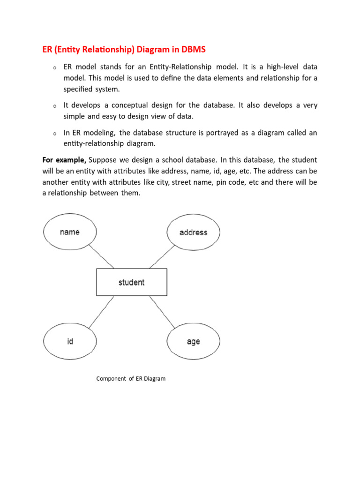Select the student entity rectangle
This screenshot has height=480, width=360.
point(131,282)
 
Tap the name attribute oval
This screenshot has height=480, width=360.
point(70,232)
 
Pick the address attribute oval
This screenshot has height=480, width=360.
point(193,232)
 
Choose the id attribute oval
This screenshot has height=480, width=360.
point(70,342)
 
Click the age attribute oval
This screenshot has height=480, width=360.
point(193,342)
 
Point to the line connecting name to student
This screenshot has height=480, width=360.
point(101,256)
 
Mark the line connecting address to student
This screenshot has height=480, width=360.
point(162,257)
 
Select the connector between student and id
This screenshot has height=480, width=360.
point(101,312)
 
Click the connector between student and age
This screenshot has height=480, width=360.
point(162,312)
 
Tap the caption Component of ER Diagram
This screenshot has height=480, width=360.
point(131,378)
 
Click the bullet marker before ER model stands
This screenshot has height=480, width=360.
point(55,68)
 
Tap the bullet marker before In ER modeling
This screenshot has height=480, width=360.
point(55,134)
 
